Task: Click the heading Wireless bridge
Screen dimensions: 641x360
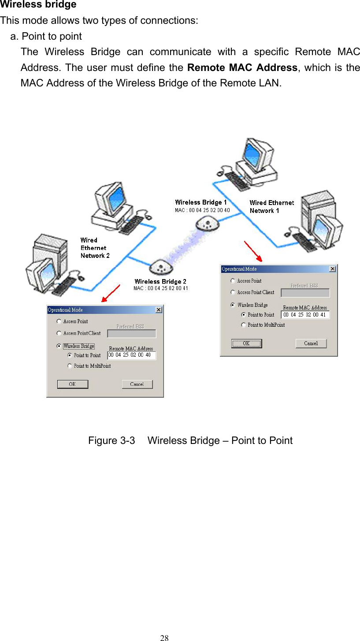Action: click(x=38, y=5)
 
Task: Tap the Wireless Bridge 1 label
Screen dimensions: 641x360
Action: click(x=201, y=202)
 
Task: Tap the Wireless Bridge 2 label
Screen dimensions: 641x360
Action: click(x=160, y=281)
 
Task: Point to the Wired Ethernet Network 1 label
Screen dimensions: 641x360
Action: click(x=271, y=206)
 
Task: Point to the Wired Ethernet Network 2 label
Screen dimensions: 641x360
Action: click(x=94, y=248)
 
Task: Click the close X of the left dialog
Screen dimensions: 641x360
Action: click(x=159, y=310)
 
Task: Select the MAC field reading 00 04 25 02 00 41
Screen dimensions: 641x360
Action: click(x=305, y=315)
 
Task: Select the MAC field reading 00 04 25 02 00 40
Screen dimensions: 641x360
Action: click(x=131, y=355)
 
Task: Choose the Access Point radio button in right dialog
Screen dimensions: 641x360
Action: click(x=233, y=281)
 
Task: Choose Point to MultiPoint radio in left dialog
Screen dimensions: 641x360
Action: click(x=70, y=366)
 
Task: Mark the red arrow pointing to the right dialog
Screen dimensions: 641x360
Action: click(x=253, y=251)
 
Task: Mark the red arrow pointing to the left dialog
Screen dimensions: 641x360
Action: click(x=111, y=293)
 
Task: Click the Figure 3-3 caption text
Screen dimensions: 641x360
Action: click(x=190, y=440)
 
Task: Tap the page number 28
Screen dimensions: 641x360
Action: click(x=164, y=637)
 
